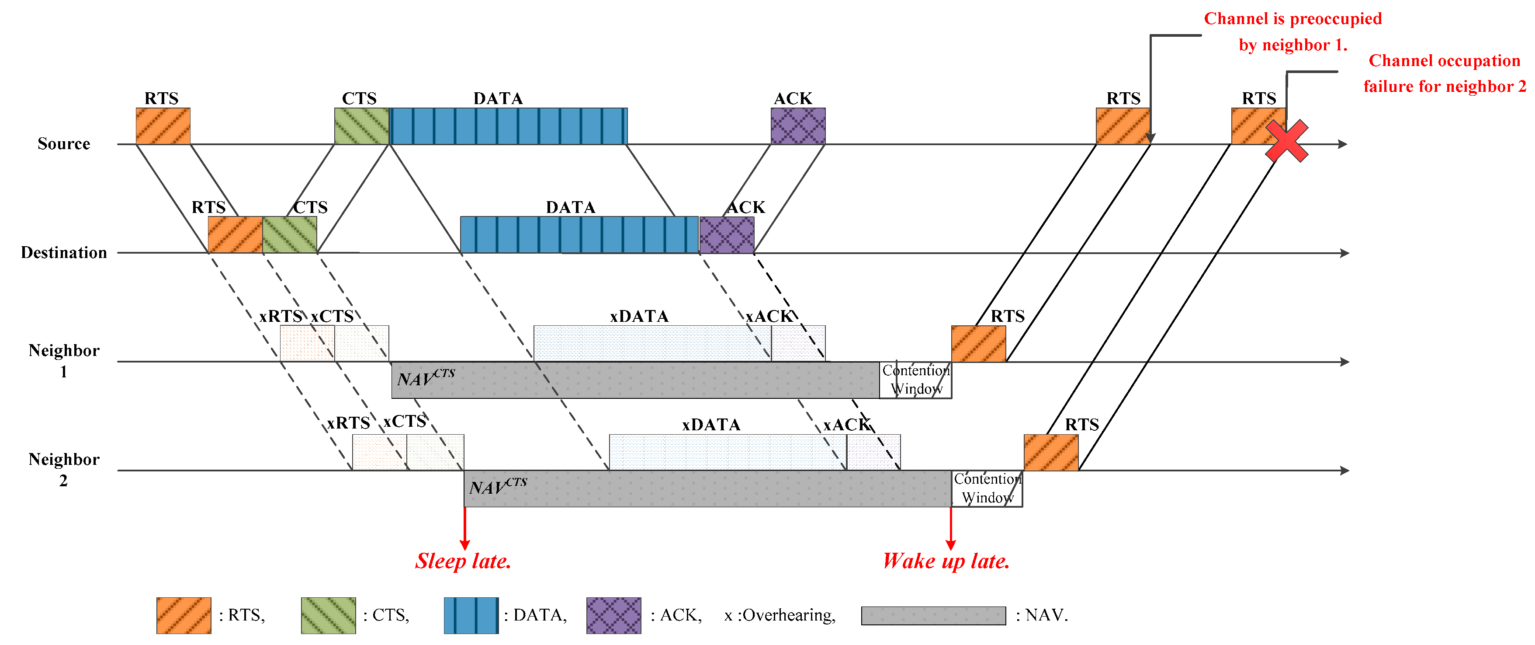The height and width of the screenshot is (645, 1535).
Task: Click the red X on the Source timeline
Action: click(1286, 141)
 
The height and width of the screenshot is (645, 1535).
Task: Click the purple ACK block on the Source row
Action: click(798, 126)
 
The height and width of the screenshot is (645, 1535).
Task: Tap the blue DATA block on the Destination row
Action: click(579, 234)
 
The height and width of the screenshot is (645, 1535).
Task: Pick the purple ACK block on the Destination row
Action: click(726, 234)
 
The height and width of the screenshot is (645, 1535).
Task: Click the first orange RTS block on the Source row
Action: click(163, 126)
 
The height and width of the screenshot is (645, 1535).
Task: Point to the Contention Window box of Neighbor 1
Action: click(915, 380)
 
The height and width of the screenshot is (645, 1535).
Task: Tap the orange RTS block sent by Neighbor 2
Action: click(1050, 453)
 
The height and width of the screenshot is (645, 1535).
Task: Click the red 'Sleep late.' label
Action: click(463, 561)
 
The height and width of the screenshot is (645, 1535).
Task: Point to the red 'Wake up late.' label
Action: click(946, 561)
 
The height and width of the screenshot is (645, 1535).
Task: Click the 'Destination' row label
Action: click(64, 253)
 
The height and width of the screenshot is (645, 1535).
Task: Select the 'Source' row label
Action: click(64, 144)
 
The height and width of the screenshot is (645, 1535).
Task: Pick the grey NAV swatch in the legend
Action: click(933, 615)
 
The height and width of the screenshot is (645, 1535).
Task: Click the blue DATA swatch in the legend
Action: click(471, 615)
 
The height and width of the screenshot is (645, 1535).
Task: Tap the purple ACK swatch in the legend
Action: click(613, 615)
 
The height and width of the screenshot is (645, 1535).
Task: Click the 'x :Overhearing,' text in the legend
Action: click(780, 615)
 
